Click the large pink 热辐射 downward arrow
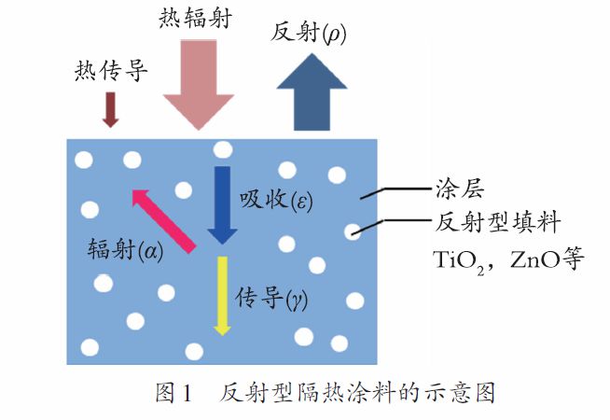(199, 85)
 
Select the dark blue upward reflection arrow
(312, 91)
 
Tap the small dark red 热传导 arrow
(110, 110)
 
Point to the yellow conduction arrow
(223, 296)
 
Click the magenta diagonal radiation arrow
(163, 221)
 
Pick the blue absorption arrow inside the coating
(223, 205)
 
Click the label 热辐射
(195, 18)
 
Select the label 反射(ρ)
(308, 33)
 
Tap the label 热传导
(111, 70)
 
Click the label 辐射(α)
(125, 249)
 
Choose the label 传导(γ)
(271, 299)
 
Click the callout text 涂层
(460, 189)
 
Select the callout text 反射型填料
(497, 223)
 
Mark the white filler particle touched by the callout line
(353, 232)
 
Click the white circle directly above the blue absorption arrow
(223, 150)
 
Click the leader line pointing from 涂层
(396, 192)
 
